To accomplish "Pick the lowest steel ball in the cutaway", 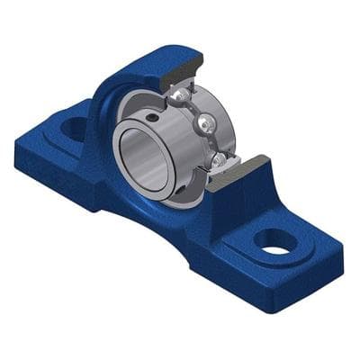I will [x=218, y=160].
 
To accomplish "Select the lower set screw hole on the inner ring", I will [x=192, y=179].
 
